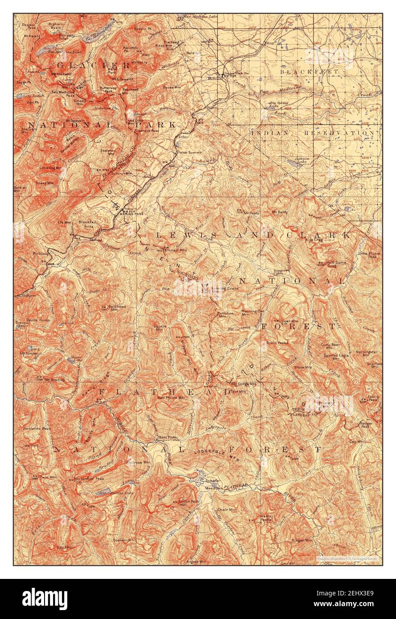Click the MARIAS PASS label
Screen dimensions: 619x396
(133, 213)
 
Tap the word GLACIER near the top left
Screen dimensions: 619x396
(93, 65)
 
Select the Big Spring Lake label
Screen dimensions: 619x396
(278, 104)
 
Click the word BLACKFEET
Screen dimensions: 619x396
(310, 71)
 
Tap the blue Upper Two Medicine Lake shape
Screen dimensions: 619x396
(45, 52)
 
